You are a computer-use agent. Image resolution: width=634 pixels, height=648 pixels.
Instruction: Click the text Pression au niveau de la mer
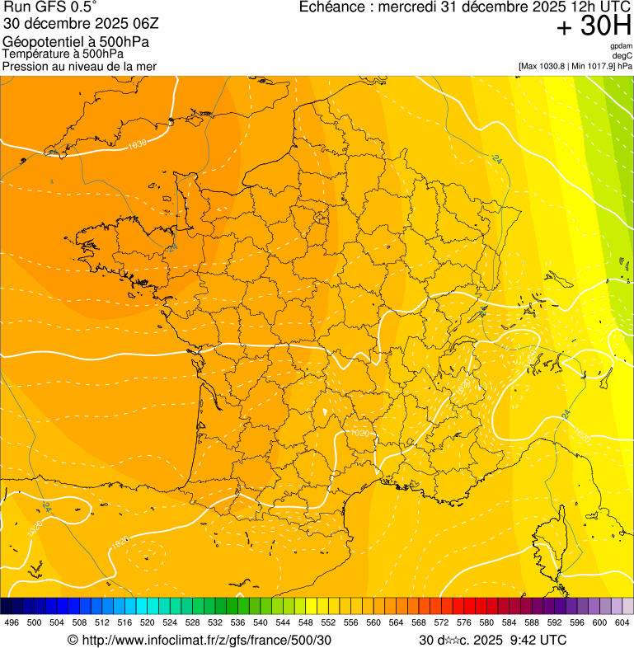(79, 66)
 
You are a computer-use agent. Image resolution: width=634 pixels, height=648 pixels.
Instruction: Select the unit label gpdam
(621, 46)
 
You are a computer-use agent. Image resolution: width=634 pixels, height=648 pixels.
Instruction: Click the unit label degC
(622, 55)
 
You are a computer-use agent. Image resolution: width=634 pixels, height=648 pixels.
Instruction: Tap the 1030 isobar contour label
(137, 144)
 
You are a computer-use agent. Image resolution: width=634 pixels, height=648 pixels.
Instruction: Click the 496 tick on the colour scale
(12, 622)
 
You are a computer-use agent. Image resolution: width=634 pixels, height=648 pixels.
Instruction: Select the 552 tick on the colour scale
(328, 622)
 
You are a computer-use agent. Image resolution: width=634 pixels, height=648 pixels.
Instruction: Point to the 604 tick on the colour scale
(622, 622)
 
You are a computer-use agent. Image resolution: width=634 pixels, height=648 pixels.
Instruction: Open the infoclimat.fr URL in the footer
(205, 640)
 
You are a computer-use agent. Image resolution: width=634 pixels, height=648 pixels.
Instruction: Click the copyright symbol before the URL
(73, 640)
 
